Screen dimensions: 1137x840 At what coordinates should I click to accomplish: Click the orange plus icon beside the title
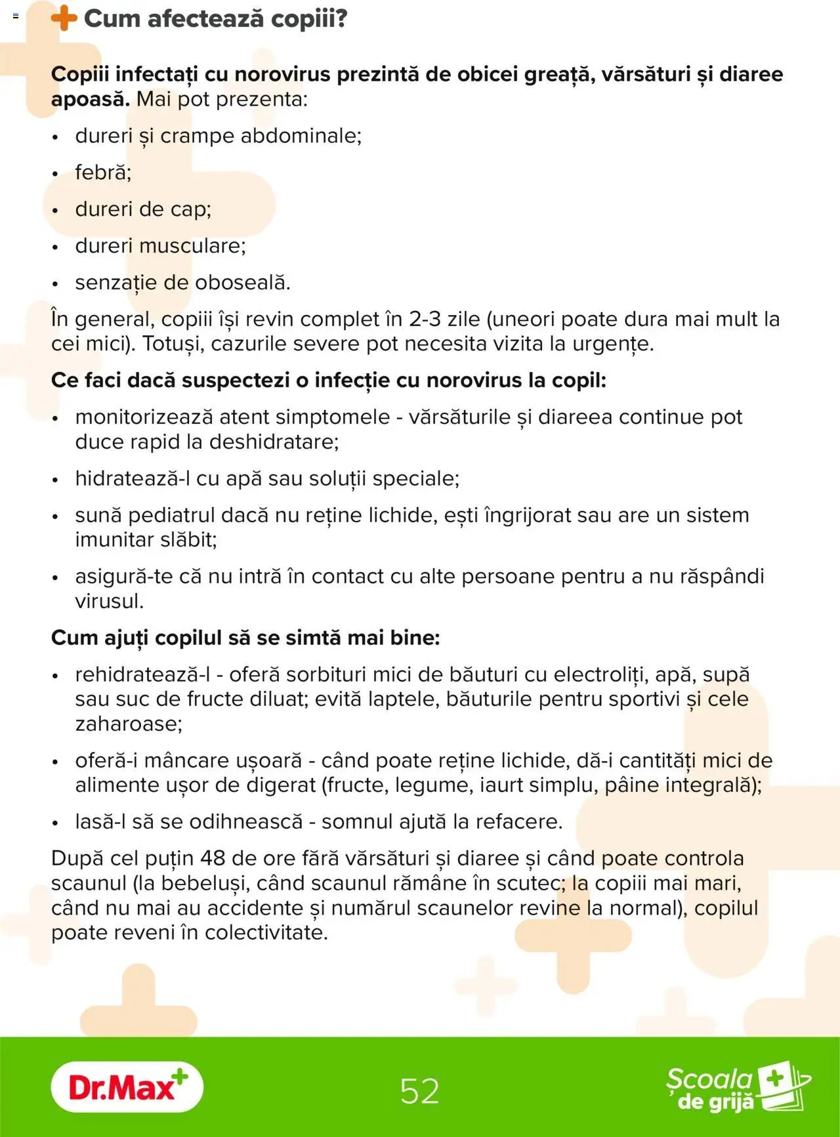pyautogui.click(x=64, y=18)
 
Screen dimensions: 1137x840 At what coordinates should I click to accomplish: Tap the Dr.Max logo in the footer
pyautogui.click(x=127, y=1087)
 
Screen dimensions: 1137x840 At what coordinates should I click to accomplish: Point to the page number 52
pyautogui.click(x=419, y=1091)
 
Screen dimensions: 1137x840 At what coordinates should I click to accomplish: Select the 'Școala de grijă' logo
pyautogui.click(x=738, y=1088)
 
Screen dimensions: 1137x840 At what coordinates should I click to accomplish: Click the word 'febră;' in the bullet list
pyautogui.click(x=103, y=173)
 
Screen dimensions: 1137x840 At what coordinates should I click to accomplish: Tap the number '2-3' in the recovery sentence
pyautogui.click(x=425, y=320)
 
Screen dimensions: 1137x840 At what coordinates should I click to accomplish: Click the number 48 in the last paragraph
pyautogui.click(x=213, y=858)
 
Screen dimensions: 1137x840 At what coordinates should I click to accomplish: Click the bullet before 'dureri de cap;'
pyautogui.click(x=56, y=211)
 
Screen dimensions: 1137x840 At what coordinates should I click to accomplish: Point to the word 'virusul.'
pyautogui.click(x=109, y=601)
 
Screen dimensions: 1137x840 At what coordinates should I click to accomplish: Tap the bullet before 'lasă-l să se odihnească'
pyautogui.click(x=56, y=823)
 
